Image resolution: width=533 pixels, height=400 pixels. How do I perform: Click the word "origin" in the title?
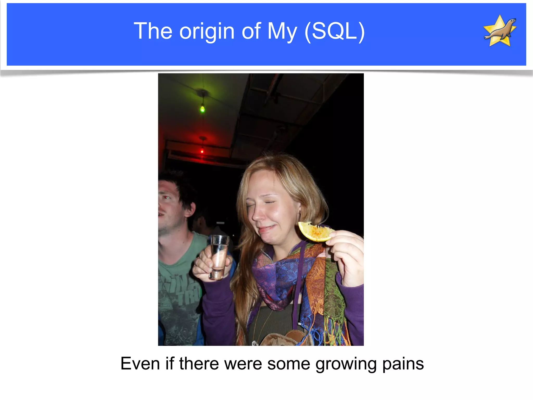[207, 31]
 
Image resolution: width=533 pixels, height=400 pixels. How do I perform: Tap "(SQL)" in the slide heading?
[334, 31]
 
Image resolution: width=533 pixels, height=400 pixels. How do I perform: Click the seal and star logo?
[500, 31]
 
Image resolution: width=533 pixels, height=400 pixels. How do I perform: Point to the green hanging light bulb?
[202, 109]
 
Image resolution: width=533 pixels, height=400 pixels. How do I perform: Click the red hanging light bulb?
[202, 151]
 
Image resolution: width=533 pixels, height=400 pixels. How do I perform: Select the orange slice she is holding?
[316, 232]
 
